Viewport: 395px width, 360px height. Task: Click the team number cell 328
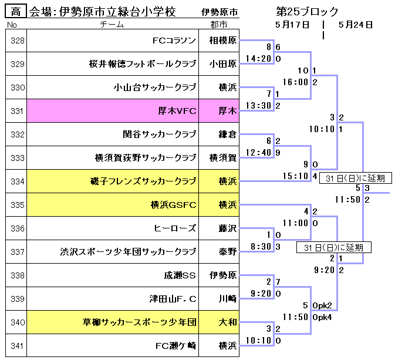coord(17,41)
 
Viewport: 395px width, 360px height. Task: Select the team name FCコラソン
coord(174,41)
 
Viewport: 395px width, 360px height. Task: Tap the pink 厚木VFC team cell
coord(177,110)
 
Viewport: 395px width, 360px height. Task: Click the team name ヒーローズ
coord(175,228)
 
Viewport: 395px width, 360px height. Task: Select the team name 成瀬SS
coord(180,275)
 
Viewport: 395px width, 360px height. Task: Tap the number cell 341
coord(17,345)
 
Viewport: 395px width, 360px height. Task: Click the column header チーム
coord(112,25)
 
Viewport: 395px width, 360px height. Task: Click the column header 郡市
coord(219,25)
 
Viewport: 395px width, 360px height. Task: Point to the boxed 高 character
coord(15,12)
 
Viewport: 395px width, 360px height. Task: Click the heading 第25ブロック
coord(307,12)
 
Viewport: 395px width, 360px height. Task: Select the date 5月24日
coord(356,25)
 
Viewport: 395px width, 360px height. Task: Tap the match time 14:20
coord(258,59)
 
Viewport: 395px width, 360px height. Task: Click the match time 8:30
coord(261,247)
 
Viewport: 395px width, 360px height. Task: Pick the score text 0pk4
coord(322,317)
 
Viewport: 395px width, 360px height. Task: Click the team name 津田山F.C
coord(173,298)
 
